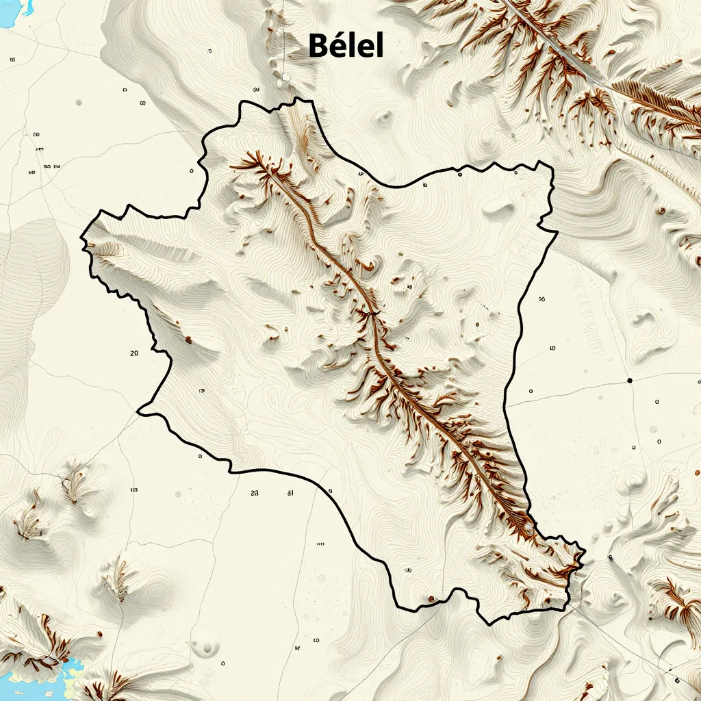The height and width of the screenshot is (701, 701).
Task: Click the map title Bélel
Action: click(x=346, y=45)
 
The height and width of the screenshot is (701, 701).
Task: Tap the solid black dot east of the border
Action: click(x=629, y=380)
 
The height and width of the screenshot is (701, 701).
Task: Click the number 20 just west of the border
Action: click(x=134, y=353)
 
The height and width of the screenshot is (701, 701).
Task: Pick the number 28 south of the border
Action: click(x=255, y=492)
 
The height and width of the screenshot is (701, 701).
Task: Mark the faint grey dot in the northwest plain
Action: click(x=79, y=102)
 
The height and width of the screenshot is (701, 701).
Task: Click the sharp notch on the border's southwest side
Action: click(x=139, y=411)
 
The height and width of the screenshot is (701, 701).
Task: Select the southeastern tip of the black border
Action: click(x=584, y=552)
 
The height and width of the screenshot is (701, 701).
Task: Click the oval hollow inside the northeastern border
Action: click(x=498, y=210)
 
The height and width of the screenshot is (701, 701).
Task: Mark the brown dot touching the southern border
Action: click(x=431, y=600)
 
